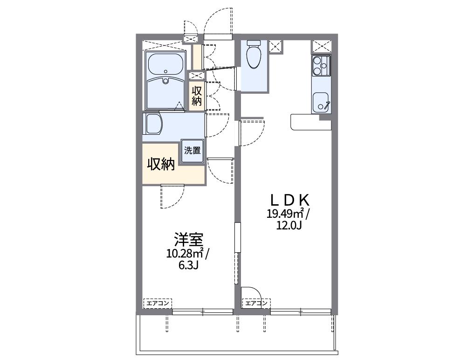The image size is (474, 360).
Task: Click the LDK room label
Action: (x=290, y=200)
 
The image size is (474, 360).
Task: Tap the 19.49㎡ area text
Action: (x=285, y=214)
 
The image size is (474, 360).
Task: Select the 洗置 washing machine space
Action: (x=192, y=151)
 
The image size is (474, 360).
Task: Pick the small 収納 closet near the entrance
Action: (x=196, y=95)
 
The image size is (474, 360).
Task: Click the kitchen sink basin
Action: (x=321, y=102)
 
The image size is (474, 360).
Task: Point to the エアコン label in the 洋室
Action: (x=157, y=304)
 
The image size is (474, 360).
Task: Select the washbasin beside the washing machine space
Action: (x=153, y=124)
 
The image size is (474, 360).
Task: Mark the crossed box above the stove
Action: (x=322, y=46)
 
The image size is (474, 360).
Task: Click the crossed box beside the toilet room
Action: (x=276, y=46)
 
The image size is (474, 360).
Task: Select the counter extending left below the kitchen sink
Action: (x=305, y=122)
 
